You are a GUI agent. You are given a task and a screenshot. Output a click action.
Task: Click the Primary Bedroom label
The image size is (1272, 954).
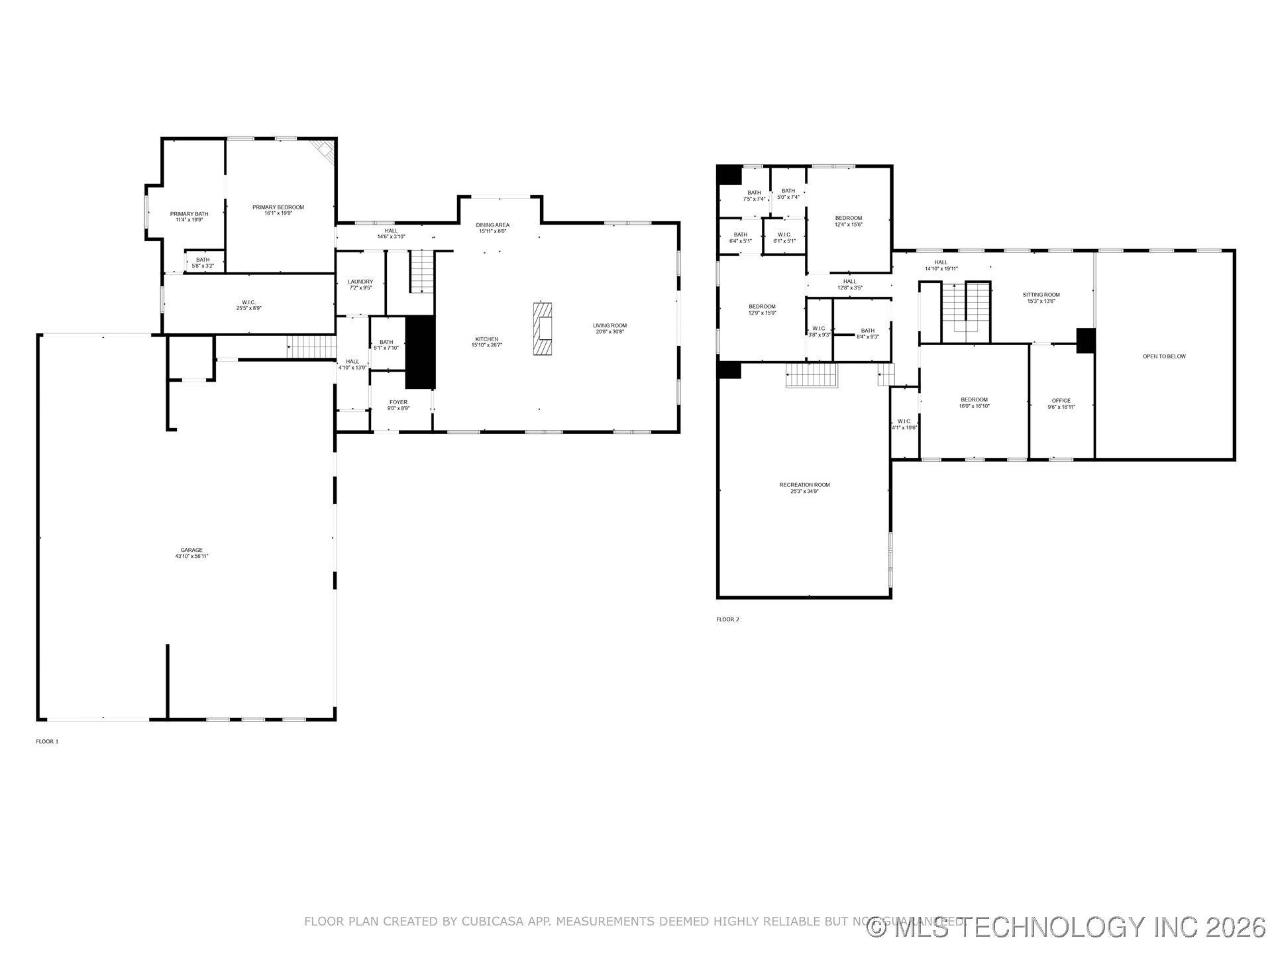[x=278, y=207]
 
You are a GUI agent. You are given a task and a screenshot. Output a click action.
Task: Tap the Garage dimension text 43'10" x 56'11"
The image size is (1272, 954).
[x=191, y=556]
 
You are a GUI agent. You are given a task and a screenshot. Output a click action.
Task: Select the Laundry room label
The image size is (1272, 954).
[x=360, y=282]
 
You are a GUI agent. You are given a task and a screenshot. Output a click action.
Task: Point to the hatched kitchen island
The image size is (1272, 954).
[x=543, y=329]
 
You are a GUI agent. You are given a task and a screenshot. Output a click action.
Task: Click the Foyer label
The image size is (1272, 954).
[x=398, y=402]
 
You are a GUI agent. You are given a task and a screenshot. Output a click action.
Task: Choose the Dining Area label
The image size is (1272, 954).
[x=492, y=225]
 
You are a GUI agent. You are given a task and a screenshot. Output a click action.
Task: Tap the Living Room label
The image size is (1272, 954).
[x=609, y=325]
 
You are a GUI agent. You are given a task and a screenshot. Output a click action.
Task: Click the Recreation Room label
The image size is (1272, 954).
[x=804, y=485]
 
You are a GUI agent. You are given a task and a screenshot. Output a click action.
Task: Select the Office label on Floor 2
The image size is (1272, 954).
[x=1061, y=401]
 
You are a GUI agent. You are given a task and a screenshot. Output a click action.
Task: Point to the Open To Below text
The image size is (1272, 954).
[x=1164, y=356]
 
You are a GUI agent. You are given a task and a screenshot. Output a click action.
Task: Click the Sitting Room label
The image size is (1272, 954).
[x=1041, y=295]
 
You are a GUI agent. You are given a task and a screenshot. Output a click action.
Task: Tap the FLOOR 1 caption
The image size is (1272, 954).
[x=47, y=741]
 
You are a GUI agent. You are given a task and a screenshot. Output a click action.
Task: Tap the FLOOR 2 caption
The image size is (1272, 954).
[x=727, y=619]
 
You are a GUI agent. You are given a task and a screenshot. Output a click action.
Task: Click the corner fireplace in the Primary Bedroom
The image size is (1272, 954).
[x=325, y=150]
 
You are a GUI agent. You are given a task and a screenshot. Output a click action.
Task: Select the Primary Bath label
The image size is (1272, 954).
[x=189, y=214]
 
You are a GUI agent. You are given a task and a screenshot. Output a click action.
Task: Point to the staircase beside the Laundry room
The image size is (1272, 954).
[x=421, y=272]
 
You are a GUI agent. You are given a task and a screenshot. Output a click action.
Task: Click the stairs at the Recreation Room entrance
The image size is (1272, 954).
[x=812, y=375]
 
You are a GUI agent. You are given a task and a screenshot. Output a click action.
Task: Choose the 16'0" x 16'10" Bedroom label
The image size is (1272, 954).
[x=974, y=399]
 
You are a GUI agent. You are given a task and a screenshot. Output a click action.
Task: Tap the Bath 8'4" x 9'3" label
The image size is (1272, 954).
[x=867, y=331]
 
